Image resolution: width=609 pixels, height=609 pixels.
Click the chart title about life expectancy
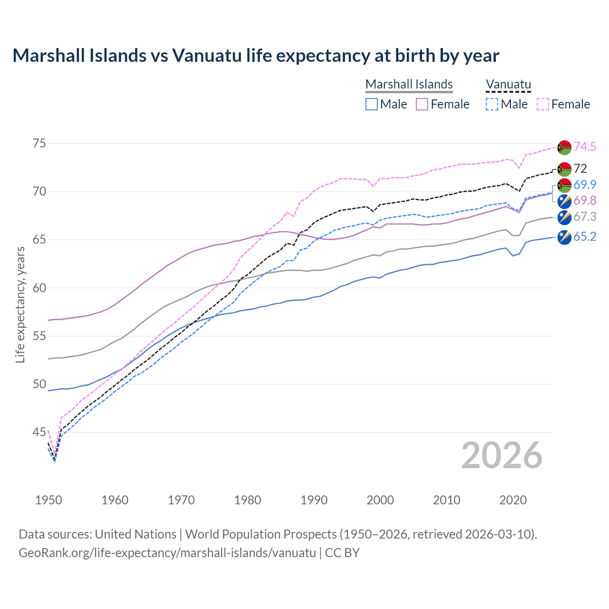tap(255, 56)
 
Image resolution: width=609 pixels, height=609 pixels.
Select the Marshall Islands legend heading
tap(409, 84)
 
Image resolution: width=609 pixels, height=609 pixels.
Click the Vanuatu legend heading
tap(508, 84)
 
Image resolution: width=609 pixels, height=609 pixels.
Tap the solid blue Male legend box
tap(372, 104)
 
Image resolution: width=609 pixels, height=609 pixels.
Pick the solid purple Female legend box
tap(422, 104)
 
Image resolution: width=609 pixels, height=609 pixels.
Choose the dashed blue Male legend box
tap(492, 104)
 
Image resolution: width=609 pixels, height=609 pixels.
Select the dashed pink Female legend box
tap(543, 104)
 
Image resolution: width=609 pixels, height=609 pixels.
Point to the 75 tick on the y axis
tap(39, 143)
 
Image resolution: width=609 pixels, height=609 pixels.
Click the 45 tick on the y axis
tap(39, 432)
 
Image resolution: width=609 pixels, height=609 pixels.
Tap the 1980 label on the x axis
tap(247, 500)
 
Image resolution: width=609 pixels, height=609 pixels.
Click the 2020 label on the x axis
tap(513, 500)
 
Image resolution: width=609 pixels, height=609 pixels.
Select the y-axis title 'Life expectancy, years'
tap(20, 304)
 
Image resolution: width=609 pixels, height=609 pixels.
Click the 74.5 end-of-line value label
tap(585, 147)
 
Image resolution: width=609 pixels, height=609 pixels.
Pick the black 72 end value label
tap(580, 168)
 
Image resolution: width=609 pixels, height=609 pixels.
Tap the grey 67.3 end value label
tap(585, 217)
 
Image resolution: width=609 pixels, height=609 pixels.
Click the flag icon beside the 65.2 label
tap(564, 237)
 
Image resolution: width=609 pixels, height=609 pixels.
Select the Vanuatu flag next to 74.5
tap(564, 147)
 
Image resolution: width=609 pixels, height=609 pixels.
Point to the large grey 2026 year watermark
tap(501, 455)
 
